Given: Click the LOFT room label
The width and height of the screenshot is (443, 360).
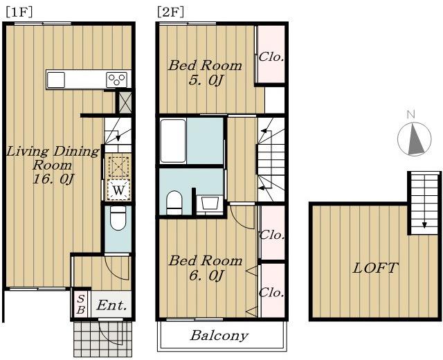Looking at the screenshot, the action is pos(375,268).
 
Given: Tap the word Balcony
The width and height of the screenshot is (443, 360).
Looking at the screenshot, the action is pos(219,336).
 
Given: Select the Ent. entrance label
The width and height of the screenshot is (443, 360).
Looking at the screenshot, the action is pos(111,305).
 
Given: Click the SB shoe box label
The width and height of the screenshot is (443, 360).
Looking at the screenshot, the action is pos(81,304).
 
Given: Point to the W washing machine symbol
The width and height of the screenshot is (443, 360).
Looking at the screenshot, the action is pos(118,190).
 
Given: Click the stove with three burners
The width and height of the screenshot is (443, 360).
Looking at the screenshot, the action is pos(117,80).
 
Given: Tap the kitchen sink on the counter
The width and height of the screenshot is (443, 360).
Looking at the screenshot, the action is pos(56,80).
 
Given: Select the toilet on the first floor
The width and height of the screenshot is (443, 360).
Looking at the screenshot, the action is pos(118,218).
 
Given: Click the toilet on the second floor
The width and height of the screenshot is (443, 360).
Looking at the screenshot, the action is pos(174,202).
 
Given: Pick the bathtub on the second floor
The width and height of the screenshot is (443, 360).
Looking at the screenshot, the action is pos(173,141).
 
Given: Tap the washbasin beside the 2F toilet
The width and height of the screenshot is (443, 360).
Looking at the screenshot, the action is pos(210,204).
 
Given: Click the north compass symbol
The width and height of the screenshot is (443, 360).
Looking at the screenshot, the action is pos(415,139).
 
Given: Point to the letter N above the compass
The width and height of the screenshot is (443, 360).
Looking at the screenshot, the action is pos(410,114).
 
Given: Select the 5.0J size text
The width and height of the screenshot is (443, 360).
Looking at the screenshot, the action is pos(206,81).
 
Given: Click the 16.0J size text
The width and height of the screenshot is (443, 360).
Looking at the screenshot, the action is pos(54,179).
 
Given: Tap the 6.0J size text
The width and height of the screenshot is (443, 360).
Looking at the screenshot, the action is pos(206,276).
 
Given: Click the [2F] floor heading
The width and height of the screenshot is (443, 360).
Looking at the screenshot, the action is pos(171,12).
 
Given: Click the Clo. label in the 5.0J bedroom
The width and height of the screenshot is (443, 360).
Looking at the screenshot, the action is pos(271,57).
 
